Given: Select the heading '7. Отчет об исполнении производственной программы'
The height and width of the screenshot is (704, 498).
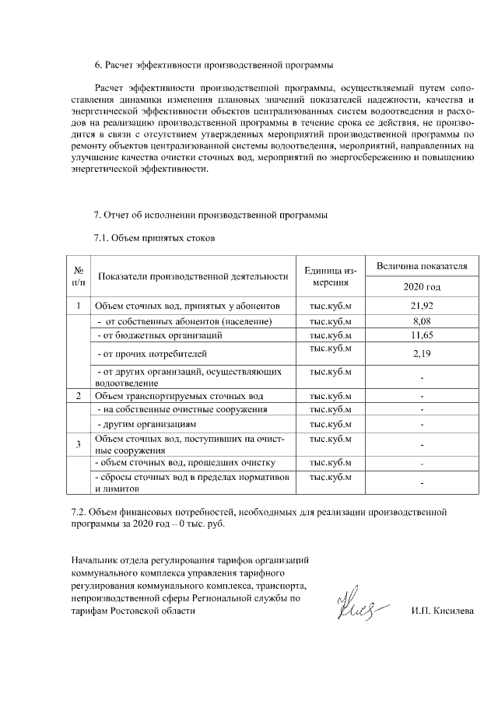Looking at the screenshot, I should click(210, 215).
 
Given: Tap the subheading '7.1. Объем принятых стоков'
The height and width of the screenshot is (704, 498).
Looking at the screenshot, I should click(153, 237).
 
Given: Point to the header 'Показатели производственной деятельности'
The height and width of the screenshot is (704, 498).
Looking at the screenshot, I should click(194, 276).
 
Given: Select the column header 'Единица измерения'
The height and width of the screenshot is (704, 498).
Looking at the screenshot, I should click(331, 276).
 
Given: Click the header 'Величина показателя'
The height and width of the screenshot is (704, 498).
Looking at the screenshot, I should click(422, 266).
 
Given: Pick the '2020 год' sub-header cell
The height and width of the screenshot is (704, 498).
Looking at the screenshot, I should click(422, 287).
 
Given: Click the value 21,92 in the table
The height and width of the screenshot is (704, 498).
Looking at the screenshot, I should click(422, 306).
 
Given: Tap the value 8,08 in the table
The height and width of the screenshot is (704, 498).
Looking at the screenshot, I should click(422, 321).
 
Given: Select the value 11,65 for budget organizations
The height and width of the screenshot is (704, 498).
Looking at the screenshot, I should click(422, 335).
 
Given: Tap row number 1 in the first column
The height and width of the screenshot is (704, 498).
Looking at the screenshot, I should click(79, 306).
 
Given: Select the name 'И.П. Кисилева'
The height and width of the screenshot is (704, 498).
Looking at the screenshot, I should click(442, 611).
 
